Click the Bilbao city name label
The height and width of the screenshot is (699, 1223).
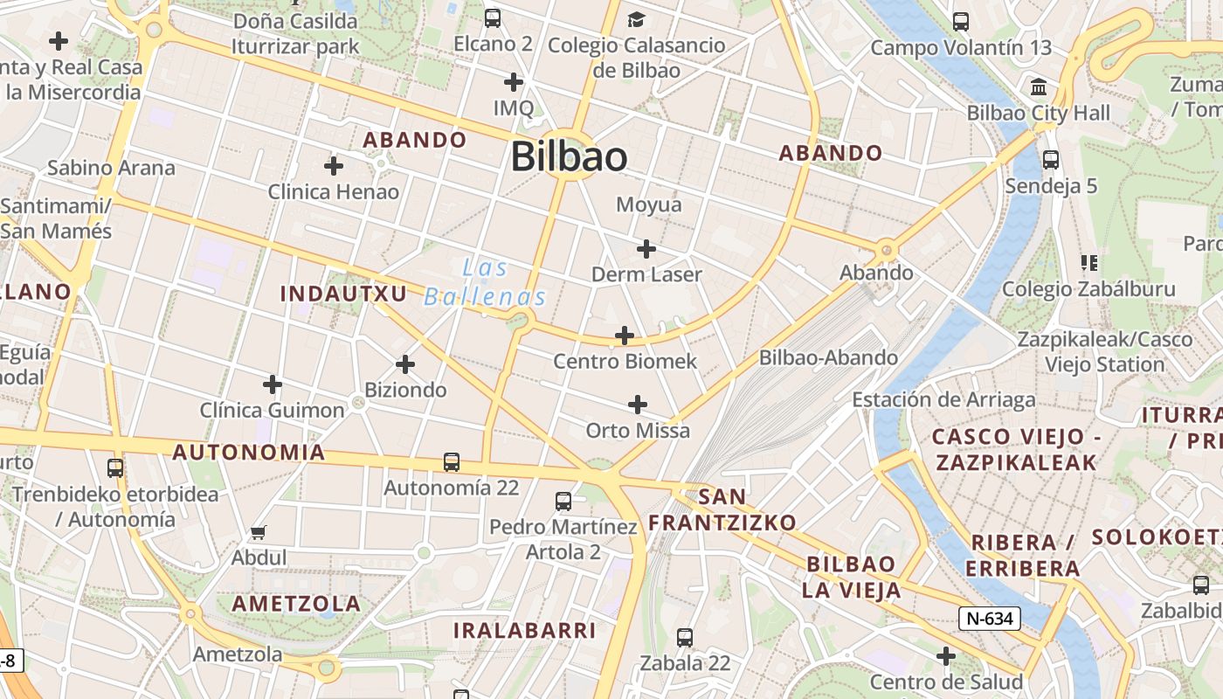click(x=569, y=157)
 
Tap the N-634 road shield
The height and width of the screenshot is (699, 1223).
click(x=989, y=619)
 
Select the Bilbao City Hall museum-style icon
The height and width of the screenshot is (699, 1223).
click(x=1040, y=87)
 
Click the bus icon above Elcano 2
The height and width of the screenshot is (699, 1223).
click(x=493, y=17)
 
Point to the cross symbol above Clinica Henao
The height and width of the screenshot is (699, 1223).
click(x=333, y=165)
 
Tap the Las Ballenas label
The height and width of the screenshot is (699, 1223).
click(x=486, y=282)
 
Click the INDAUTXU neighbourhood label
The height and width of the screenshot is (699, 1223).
click(x=343, y=294)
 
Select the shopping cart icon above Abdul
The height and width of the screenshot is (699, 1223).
click(x=258, y=531)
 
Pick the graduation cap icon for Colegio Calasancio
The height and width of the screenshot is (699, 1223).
click(x=636, y=19)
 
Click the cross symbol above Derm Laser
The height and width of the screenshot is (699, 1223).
click(x=646, y=249)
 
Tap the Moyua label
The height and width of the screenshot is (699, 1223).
click(x=648, y=204)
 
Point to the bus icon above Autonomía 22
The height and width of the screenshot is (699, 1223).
click(x=451, y=461)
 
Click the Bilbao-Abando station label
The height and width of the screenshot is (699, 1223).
click(x=828, y=357)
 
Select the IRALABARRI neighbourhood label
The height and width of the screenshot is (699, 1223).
click(x=524, y=630)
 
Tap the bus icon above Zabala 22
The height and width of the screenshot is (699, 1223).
click(x=685, y=638)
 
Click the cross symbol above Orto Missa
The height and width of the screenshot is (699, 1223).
click(x=638, y=404)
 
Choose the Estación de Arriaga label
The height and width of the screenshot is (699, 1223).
click(x=943, y=400)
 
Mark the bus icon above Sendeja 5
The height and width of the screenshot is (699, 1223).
click(x=1051, y=160)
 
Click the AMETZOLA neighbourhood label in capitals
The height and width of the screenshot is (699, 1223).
click(x=296, y=604)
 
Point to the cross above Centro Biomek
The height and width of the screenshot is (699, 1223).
click(x=625, y=335)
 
